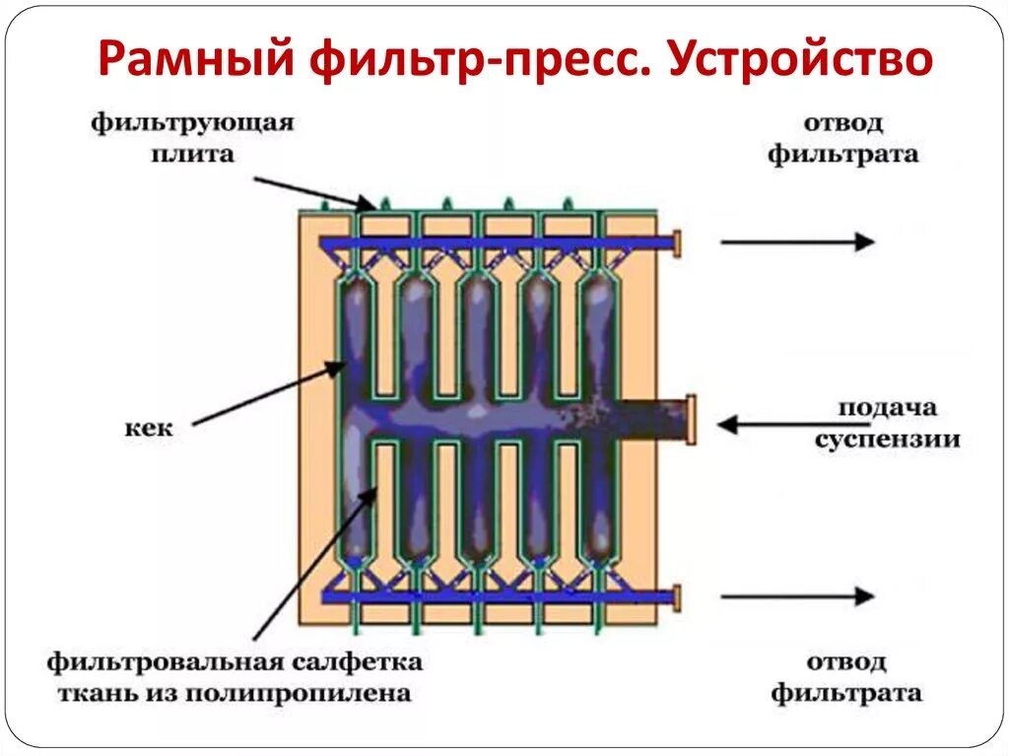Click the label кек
[x=149, y=429]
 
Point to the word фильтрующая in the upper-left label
[x=193, y=124]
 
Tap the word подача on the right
[x=888, y=408]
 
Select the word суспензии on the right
[x=888, y=439]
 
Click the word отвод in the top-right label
[x=843, y=124]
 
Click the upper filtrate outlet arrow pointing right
[x=797, y=241]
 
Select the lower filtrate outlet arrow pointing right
[x=797, y=595]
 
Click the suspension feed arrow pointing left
[x=778, y=425]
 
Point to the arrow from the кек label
[x=266, y=394]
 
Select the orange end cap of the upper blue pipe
[x=675, y=241]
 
